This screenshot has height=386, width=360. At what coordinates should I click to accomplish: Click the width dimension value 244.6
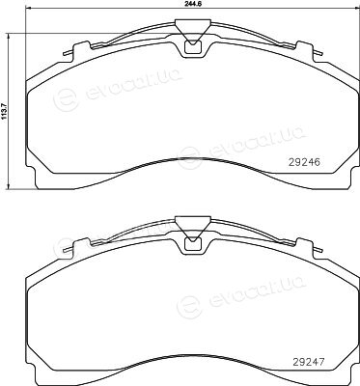(193, 3)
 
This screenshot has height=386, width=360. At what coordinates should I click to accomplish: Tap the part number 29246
(304, 162)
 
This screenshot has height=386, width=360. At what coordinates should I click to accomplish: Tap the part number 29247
(309, 362)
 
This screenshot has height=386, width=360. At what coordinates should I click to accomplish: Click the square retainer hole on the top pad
(193, 47)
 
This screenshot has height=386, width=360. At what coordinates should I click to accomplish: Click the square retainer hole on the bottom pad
(193, 244)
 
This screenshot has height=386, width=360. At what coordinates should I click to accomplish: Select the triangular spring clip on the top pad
(193, 31)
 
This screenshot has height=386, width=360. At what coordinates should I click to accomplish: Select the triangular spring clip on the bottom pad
(193, 228)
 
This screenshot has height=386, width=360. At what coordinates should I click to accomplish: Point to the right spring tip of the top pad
(319, 54)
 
